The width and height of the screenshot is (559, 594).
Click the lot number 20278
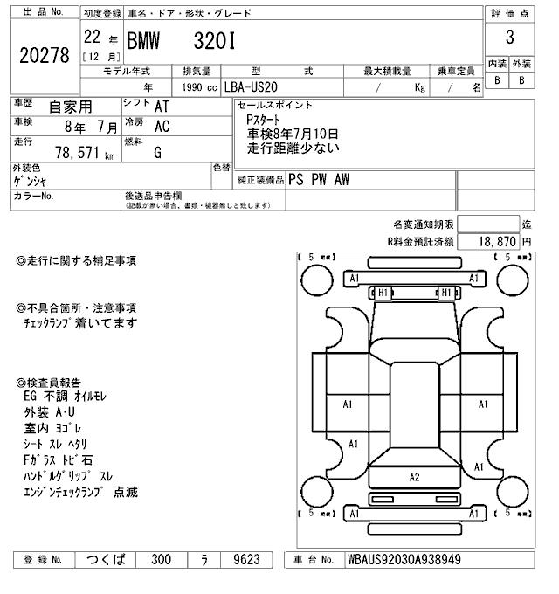click(x=44, y=54)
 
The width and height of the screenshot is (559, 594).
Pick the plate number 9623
click(x=245, y=560)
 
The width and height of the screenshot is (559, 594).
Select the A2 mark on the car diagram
click(x=414, y=477)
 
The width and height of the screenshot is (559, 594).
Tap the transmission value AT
click(x=162, y=107)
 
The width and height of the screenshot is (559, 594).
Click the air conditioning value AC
click(x=162, y=128)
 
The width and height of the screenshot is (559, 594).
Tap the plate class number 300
click(x=161, y=560)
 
